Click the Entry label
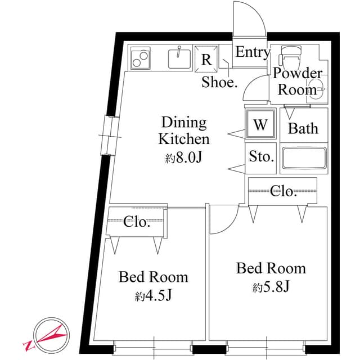click(253, 52)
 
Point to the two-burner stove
click(140, 57)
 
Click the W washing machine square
click(260, 125)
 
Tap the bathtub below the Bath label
click(304, 157)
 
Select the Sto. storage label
click(261, 156)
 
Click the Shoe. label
click(220, 82)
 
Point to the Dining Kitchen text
click(184, 130)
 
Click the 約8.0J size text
click(183, 158)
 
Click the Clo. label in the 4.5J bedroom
click(137, 222)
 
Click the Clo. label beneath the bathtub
click(283, 192)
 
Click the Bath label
click(303, 128)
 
